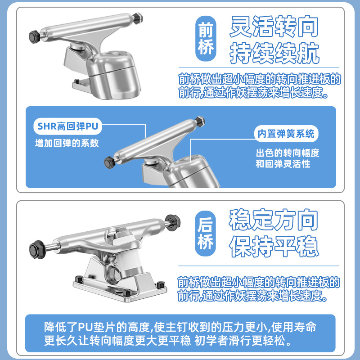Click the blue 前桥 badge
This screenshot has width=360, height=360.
click(x=206, y=39)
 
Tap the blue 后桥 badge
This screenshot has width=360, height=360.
click(x=206, y=233)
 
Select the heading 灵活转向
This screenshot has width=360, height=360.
click(x=274, y=27)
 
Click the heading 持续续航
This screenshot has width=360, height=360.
click(x=274, y=53)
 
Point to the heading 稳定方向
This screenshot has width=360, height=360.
click(x=274, y=220)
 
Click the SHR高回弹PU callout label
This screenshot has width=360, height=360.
click(x=68, y=126)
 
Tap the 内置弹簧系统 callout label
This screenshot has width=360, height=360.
click(x=286, y=134)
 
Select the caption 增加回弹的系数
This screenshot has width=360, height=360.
click(x=67, y=143)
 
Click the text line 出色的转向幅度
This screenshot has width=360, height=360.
click(x=288, y=153)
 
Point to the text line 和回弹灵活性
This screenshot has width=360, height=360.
click(x=283, y=164)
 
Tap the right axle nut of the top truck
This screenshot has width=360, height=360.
click(x=138, y=18)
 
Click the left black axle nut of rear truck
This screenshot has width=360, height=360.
click(x=36, y=249)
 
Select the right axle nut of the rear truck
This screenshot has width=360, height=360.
click(x=173, y=222)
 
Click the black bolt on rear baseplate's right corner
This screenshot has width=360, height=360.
click(x=161, y=285)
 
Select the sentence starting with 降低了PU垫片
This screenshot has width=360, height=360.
click(x=180, y=334)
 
